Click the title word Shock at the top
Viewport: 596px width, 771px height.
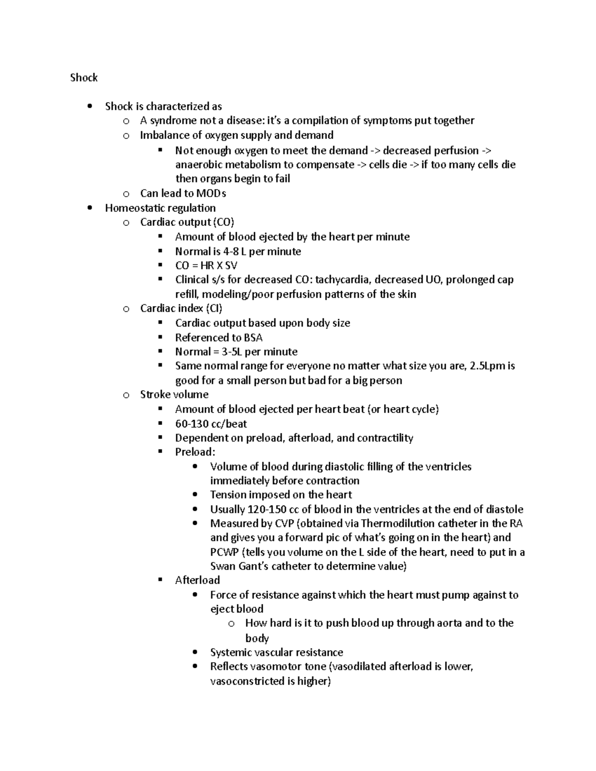point(83,77)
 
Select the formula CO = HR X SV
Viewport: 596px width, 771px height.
point(206,265)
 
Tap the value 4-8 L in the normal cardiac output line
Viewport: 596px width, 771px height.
point(234,251)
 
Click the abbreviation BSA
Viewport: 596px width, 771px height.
point(253,338)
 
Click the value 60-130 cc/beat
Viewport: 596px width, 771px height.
point(211,423)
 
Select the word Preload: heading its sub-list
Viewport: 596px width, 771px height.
point(195,452)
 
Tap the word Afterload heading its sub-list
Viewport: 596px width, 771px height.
point(197,580)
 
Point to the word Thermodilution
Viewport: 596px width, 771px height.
point(396,523)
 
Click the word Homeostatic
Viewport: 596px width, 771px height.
point(132,208)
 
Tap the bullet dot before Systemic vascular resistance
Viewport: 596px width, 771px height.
point(195,652)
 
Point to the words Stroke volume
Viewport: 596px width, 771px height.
point(174,394)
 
